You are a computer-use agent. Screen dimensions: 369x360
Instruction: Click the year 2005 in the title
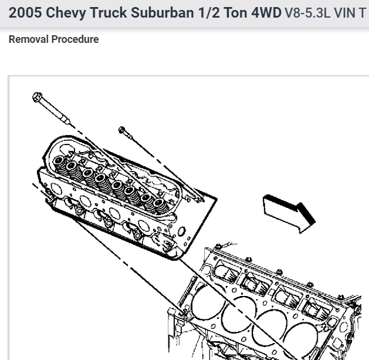click(25, 12)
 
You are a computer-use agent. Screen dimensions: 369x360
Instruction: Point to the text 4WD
click(266, 12)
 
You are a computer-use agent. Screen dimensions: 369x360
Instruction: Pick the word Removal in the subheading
click(29, 39)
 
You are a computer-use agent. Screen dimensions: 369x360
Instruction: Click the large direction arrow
click(289, 213)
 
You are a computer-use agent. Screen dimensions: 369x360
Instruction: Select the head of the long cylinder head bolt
click(37, 97)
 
